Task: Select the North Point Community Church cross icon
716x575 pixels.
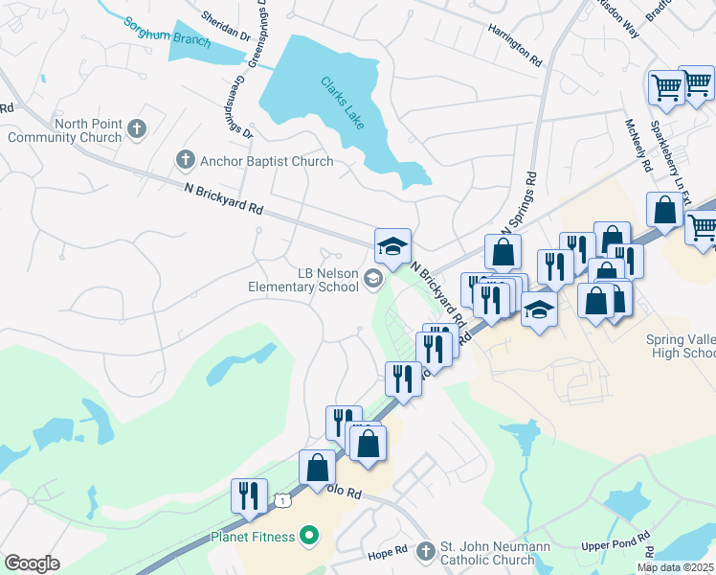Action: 136,128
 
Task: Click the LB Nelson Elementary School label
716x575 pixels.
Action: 302,279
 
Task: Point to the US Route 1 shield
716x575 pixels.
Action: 282,499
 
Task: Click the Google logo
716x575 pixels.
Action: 32,563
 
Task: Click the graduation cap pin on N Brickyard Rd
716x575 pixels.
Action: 392,247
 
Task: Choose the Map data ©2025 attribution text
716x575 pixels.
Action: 675,567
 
